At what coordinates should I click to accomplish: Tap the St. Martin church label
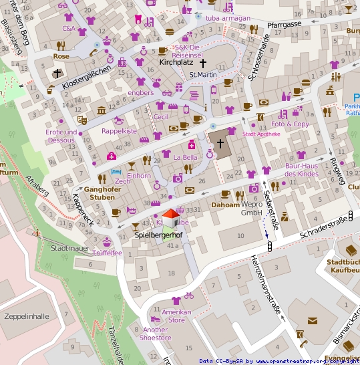(202, 74)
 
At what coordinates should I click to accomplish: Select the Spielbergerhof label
(158, 235)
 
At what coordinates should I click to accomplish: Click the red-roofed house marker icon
(171, 217)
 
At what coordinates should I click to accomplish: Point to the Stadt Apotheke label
(260, 134)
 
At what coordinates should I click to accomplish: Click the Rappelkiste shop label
(119, 131)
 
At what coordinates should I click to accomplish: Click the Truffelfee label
(107, 253)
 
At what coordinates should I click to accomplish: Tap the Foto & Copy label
(290, 124)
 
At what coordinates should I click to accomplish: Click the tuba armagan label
(228, 18)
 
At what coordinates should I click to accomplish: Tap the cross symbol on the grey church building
(220, 143)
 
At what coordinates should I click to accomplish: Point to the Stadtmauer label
(69, 248)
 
